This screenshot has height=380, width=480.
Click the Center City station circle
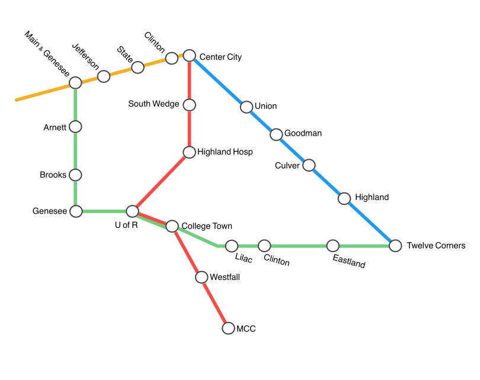click(x=189, y=56)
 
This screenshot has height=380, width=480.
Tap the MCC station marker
click(x=228, y=328)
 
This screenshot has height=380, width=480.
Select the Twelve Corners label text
click(x=436, y=246)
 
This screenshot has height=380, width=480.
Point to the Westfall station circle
click(x=201, y=277)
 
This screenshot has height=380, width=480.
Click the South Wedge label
click(x=153, y=105)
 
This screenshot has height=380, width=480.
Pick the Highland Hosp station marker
click(x=189, y=153)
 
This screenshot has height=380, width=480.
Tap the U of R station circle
click(x=133, y=211)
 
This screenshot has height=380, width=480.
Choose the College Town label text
click(x=207, y=226)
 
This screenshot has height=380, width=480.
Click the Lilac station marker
click(x=232, y=246)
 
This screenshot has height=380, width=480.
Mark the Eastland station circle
click(x=333, y=246)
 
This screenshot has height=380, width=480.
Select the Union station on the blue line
click(x=246, y=107)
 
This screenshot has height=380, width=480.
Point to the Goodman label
click(x=303, y=133)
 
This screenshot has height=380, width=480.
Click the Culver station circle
click(x=309, y=165)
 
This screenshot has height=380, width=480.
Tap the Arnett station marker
click(x=75, y=127)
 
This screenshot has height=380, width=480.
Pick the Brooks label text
click(x=53, y=175)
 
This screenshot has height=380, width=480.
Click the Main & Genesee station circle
click(x=75, y=83)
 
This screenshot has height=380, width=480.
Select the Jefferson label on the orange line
click(x=85, y=57)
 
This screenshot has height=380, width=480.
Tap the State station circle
click(x=137, y=67)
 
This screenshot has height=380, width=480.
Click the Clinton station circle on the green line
click(x=264, y=246)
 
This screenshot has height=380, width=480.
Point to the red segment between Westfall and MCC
click(x=215, y=302)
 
